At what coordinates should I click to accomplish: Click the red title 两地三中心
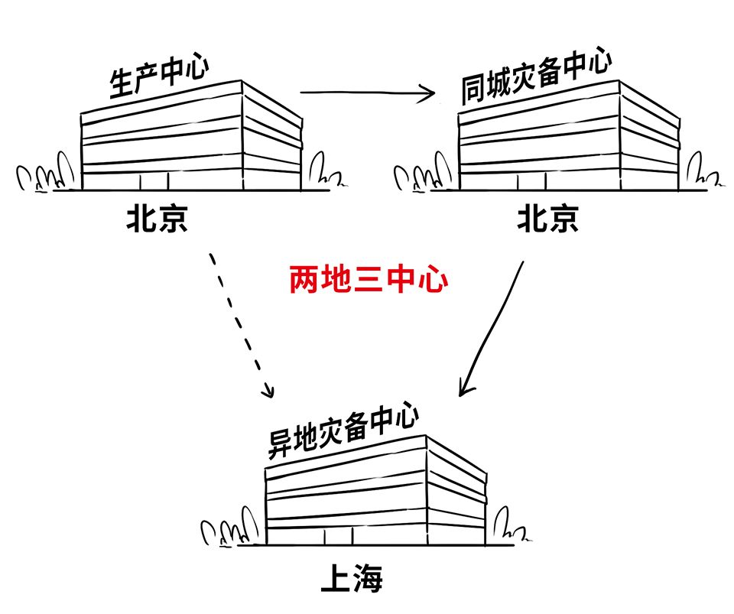click(x=368, y=281)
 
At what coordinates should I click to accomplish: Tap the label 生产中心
click(x=160, y=76)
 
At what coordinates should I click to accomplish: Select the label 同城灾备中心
click(x=536, y=78)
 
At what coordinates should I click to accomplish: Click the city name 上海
click(x=351, y=580)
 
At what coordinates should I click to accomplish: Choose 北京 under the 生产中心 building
click(x=157, y=220)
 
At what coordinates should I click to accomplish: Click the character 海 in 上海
click(x=367, y=580)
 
